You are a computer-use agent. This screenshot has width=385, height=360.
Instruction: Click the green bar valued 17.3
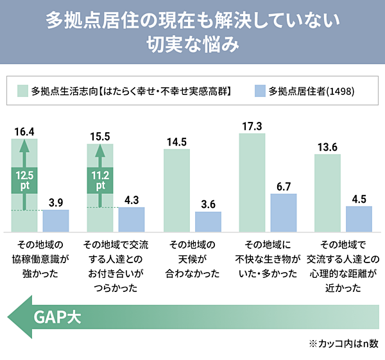[x=252, y=182]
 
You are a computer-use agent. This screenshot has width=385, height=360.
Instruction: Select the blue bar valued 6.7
[x=283, y=212]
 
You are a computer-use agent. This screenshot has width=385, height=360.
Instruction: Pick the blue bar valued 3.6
[x=208, y=221]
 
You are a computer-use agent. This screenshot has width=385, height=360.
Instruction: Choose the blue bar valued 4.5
[x=359, y=219]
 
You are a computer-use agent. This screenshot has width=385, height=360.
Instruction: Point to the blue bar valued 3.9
[x=56, y=220]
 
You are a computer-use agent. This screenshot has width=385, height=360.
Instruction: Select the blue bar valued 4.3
[x=132, y=219]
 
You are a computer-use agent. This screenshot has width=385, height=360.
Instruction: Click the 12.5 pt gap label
[x=24, y=180]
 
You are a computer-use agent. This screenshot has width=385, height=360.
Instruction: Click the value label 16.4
[x=24, y=132]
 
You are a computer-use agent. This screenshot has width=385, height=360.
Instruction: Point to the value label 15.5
[x=100, y=136]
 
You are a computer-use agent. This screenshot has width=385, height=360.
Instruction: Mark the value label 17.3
[x=252, y=126]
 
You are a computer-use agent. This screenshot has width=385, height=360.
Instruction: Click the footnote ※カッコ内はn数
[x=344, y=343]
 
